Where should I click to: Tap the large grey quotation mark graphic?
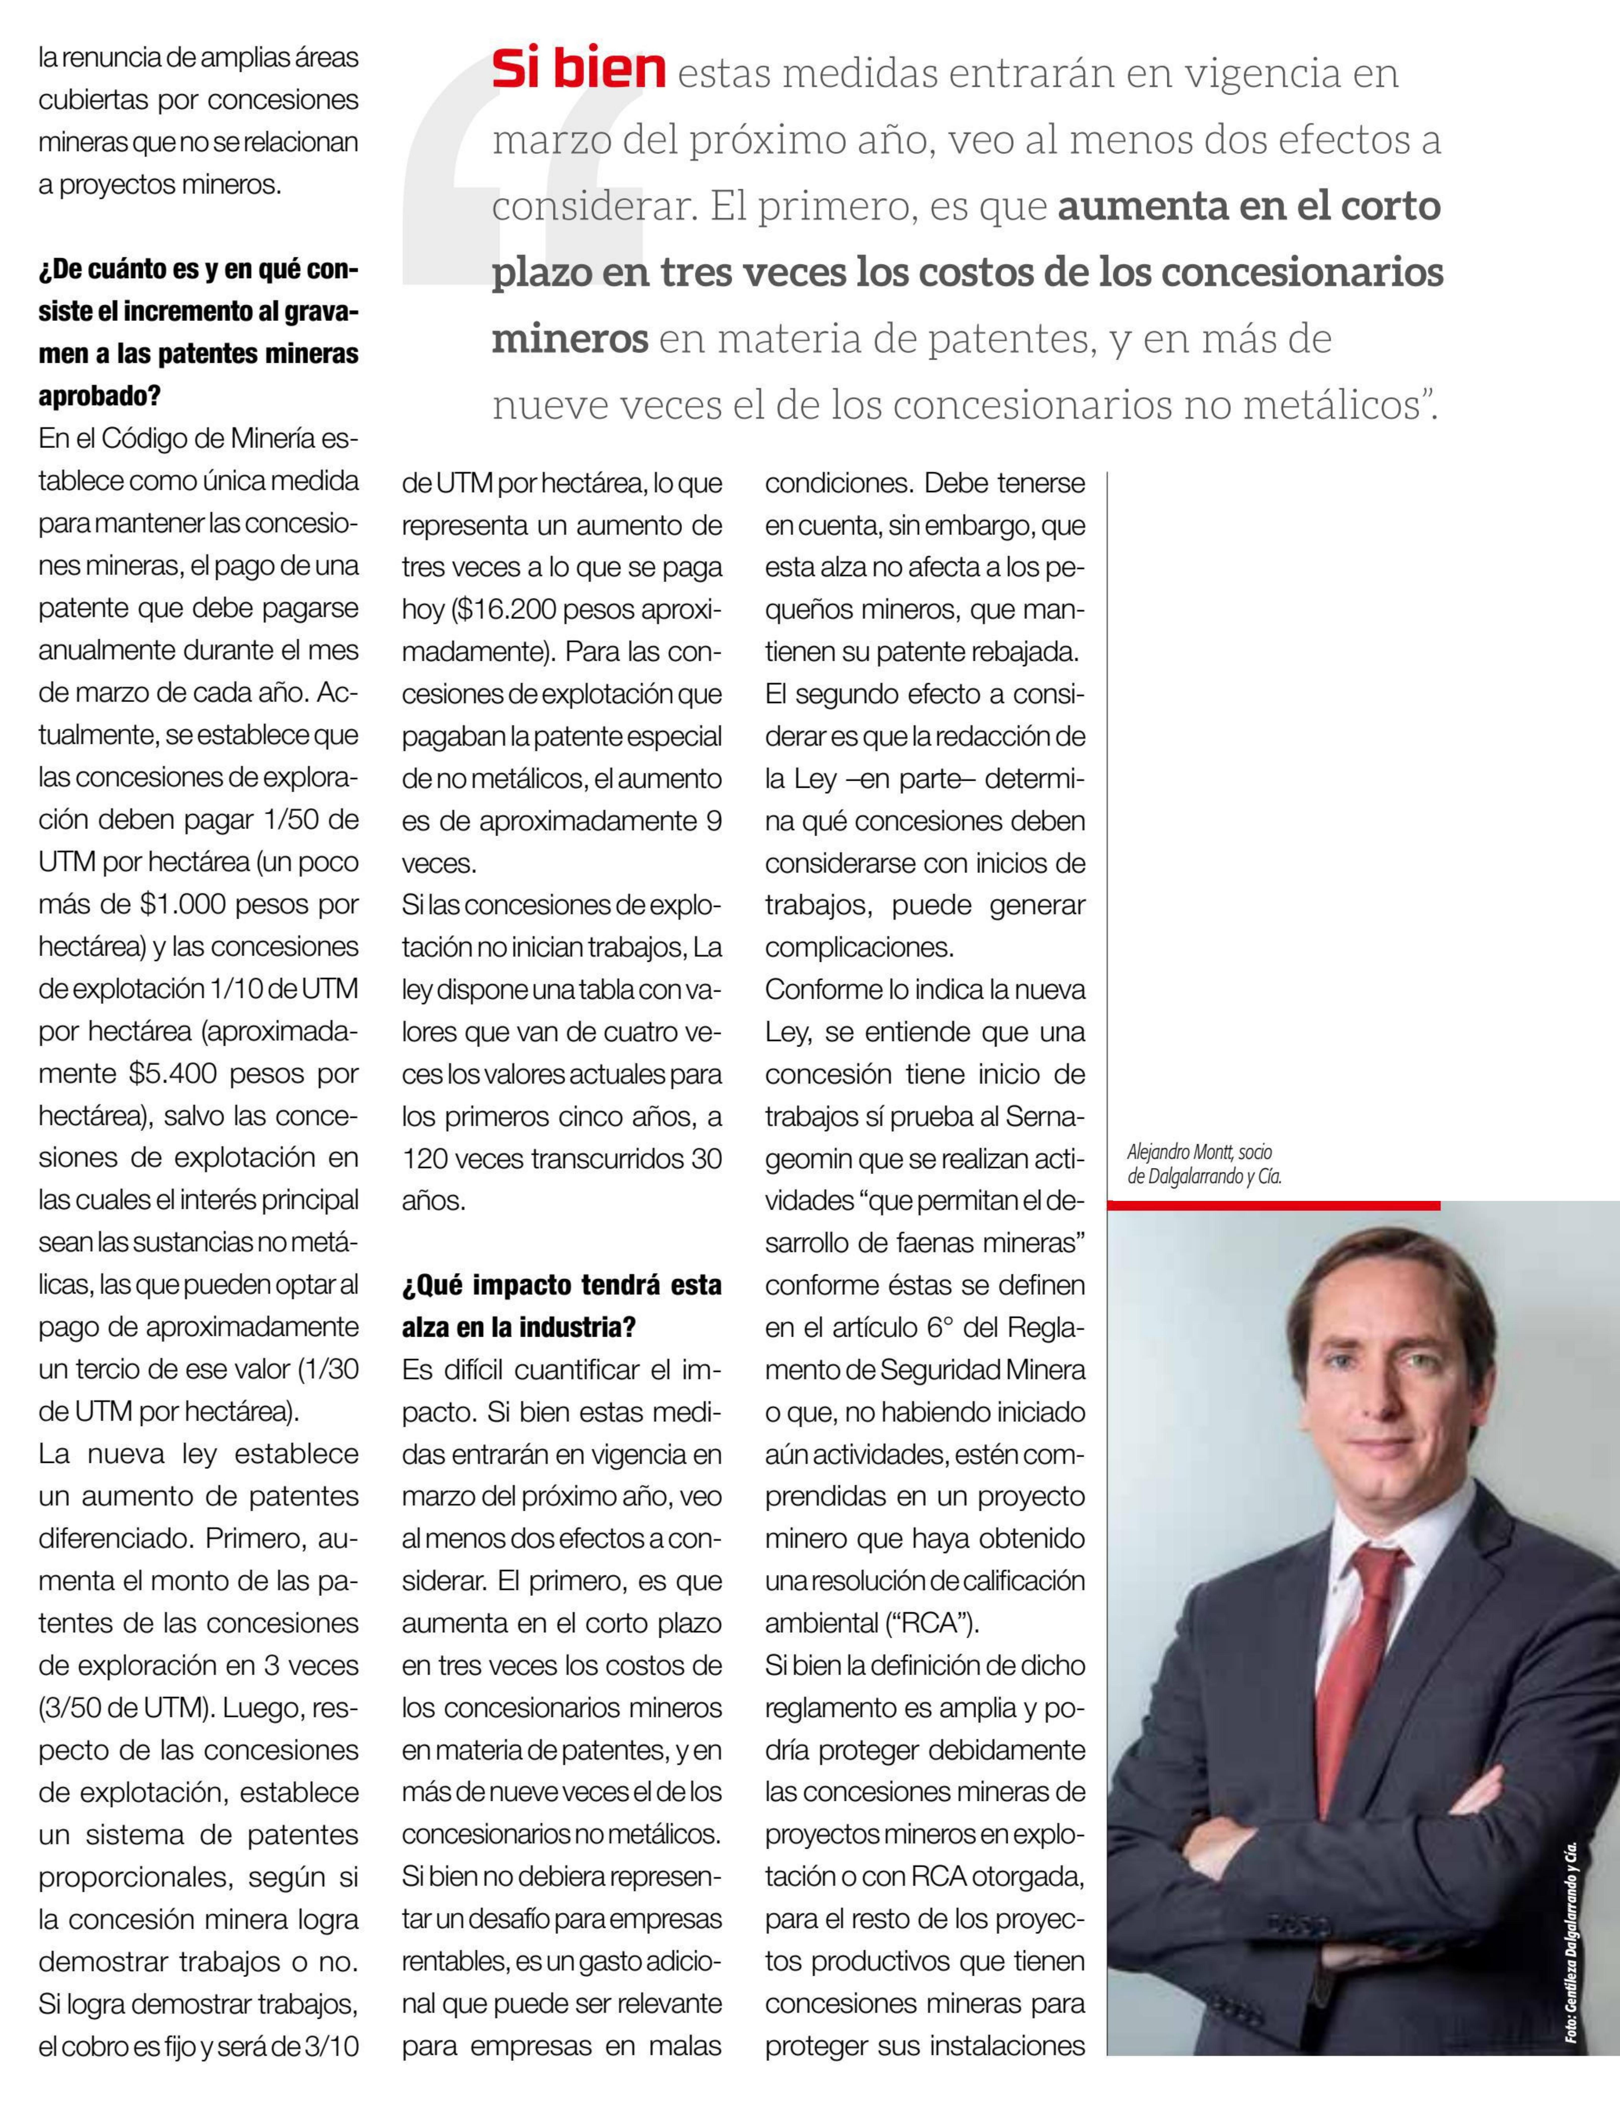coord(521,174)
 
